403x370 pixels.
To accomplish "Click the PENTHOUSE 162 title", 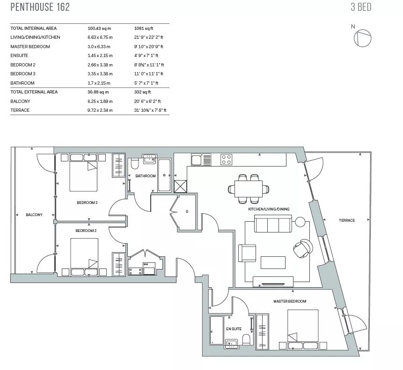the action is (x=40, y=7).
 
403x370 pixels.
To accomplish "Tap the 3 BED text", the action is (x=361, y=7).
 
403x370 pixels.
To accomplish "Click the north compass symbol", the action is (x=362, y=38).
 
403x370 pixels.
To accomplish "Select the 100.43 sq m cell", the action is (x=100, y=29).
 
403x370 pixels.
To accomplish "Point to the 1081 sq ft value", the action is (x=144, y=29).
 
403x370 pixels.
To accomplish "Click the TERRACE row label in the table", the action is (x=20, y=110).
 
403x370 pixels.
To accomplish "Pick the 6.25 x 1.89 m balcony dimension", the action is (x=100, y=102).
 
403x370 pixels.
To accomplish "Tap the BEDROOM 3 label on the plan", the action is (x=87, y=203).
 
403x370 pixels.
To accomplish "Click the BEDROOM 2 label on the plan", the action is (x=86, y=231).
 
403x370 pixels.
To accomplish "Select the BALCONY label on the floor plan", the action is (x=34, y=215).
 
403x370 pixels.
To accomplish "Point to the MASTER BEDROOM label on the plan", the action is (x=290, y=301).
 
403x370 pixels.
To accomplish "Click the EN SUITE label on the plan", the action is (x=234, y=329).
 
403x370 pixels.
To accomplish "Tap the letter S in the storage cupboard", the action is (x=187, y=211).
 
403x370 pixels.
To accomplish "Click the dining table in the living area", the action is (x=248, y=189).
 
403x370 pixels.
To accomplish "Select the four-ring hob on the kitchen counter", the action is (x=226, y=160).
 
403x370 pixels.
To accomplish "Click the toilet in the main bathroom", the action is (x=135, y=163).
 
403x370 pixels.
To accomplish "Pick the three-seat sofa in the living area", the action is (x=273, y=224).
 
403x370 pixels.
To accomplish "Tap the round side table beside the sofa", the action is (x=300, y=222).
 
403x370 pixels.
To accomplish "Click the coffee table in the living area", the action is (x=273, y=262).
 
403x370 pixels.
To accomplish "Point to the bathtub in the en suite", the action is (x=217, y=330).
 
